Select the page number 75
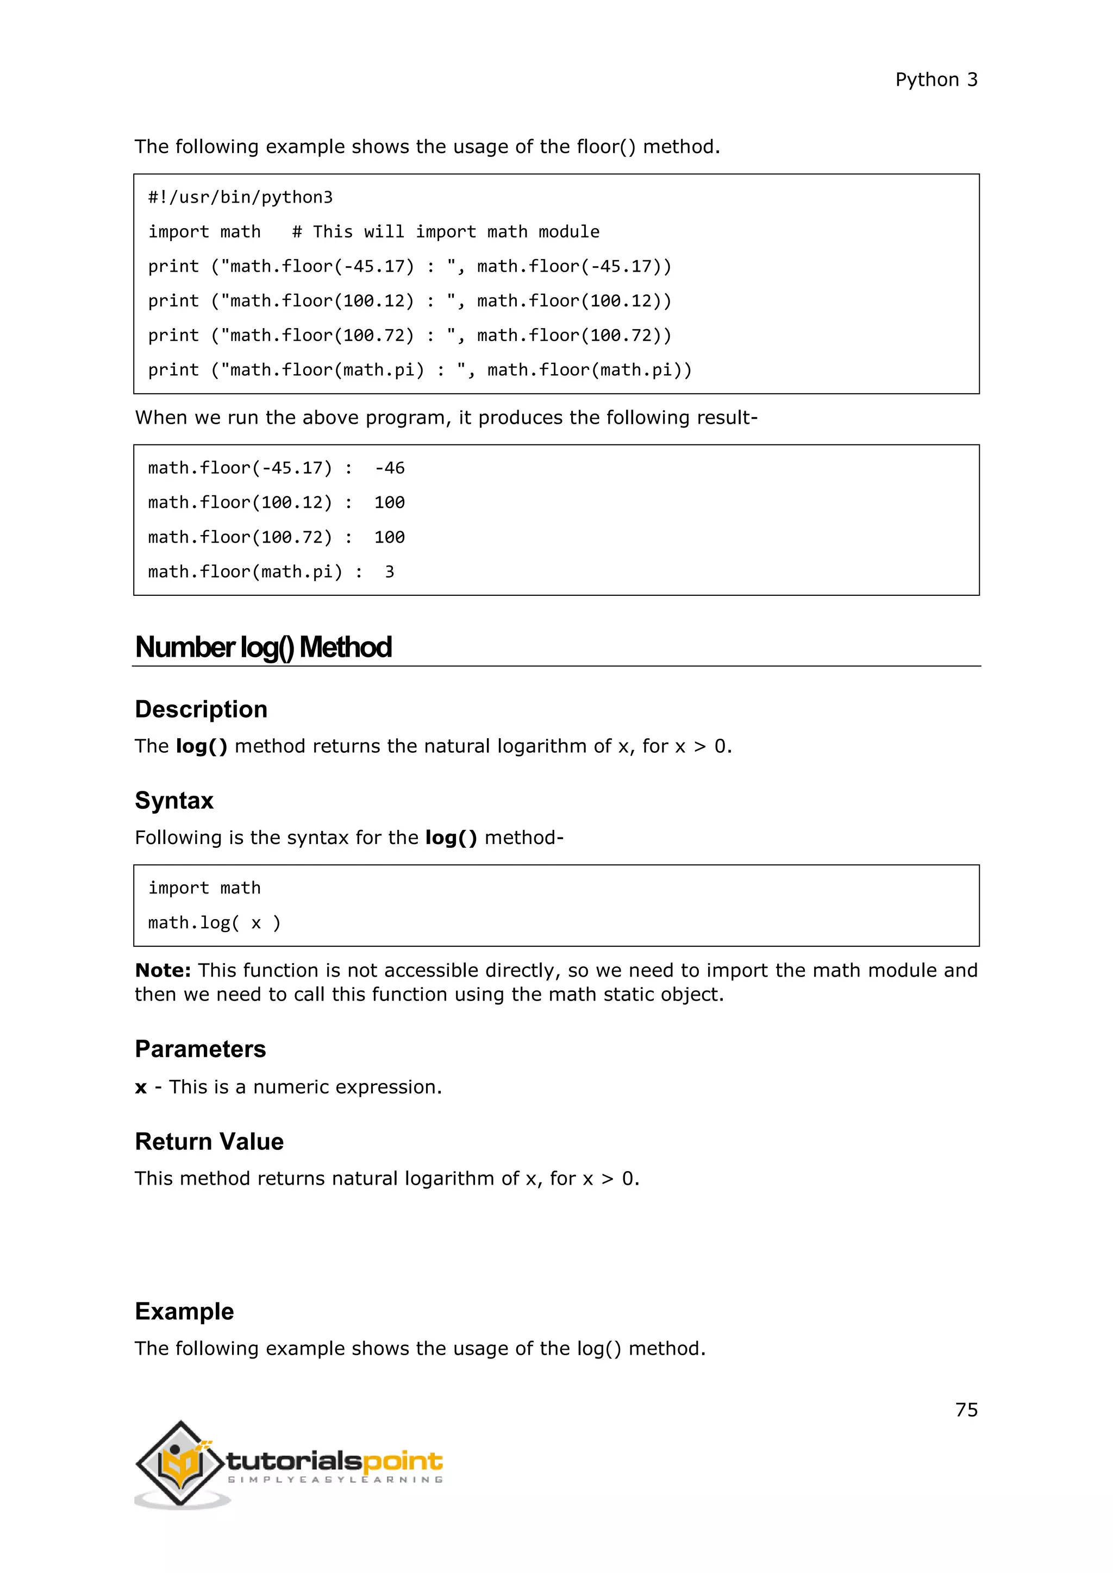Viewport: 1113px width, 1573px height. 966,1410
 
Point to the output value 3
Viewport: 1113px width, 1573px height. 389,571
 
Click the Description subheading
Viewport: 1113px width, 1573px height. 201,709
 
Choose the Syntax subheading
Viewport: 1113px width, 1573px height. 174,800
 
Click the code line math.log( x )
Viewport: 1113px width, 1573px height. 214,923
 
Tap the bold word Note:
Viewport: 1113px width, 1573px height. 162,970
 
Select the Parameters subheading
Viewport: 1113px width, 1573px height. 200,1049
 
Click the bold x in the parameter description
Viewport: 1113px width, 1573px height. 141,1087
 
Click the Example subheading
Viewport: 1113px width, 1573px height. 184,1311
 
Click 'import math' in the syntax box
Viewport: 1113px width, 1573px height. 204,888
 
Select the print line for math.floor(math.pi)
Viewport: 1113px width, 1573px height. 420,370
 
